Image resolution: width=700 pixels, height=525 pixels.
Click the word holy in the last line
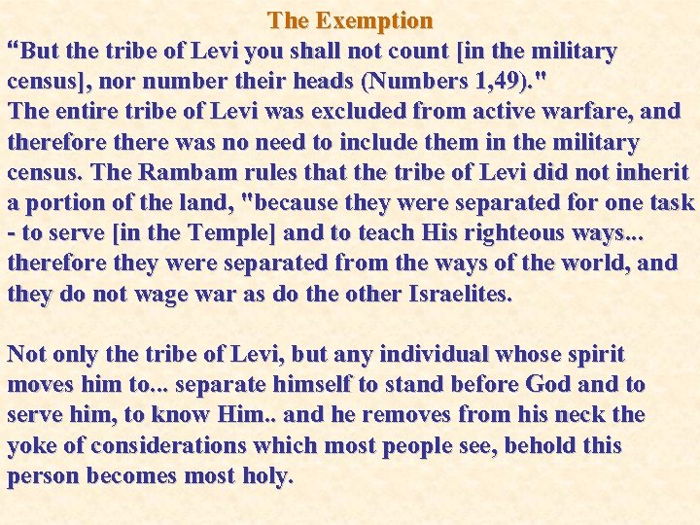pyautogui.click(x=264, y=476)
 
